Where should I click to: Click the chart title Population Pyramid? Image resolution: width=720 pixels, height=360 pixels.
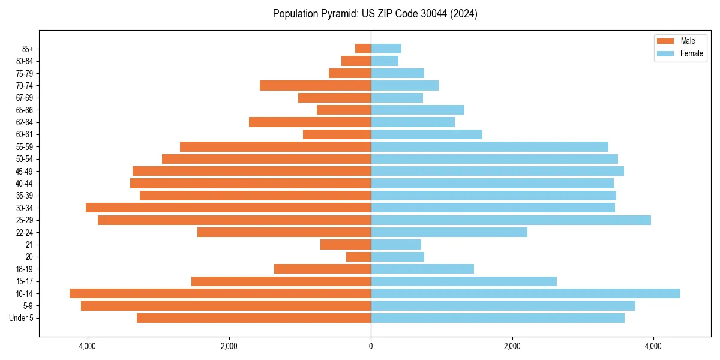click(x=375, y=14)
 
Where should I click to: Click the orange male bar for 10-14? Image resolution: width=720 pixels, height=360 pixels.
click(x=220, y=293)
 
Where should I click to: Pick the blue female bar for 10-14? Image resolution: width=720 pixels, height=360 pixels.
click(x=526, y=293)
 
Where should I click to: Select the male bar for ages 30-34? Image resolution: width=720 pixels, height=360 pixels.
click(x=228, y=208)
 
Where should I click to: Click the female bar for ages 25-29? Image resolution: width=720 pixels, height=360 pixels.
click(x=511, y=220)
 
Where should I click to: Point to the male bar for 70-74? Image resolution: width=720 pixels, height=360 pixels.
click(x=315, y=85)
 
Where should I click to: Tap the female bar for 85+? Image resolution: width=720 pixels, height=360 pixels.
click(x=386, y=49)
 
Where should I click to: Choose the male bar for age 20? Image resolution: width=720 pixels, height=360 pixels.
click(x=358, y=257)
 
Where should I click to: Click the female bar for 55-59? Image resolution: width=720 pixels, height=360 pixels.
click(x=490, y=146)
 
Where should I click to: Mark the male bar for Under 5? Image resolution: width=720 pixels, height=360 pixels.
click(x=254, y=318)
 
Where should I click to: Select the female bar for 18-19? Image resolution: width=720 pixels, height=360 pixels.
click(x=422, y=269)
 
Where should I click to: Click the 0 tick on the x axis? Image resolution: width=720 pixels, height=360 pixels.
click(x=371, y=346)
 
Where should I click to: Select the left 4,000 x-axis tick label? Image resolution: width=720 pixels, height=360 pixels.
click(x=88, y=346)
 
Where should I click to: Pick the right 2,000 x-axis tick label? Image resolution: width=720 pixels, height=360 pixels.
click(x=512, y=346)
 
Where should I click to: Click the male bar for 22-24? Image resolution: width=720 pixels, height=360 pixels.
click(x=284, y=232)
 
